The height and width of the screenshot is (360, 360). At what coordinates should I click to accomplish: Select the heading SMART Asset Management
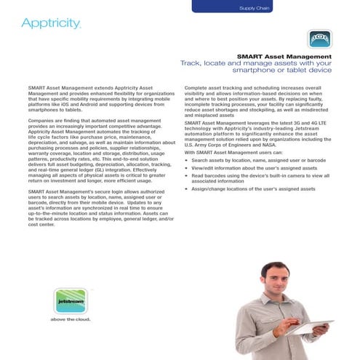pyautogui.click(x=284, y=56)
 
